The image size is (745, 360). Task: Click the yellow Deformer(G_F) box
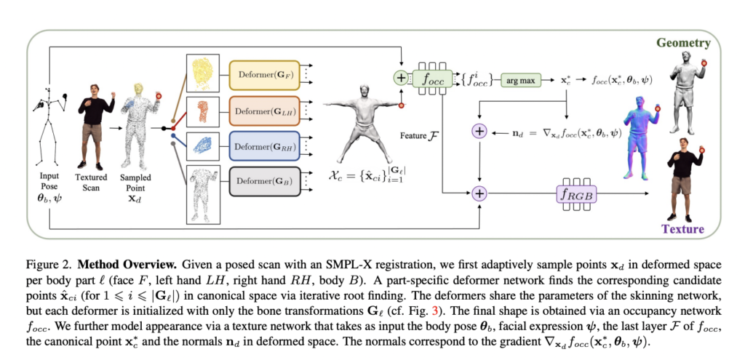click(x=261, y=75)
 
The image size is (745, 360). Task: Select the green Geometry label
click(x=683, y=44)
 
